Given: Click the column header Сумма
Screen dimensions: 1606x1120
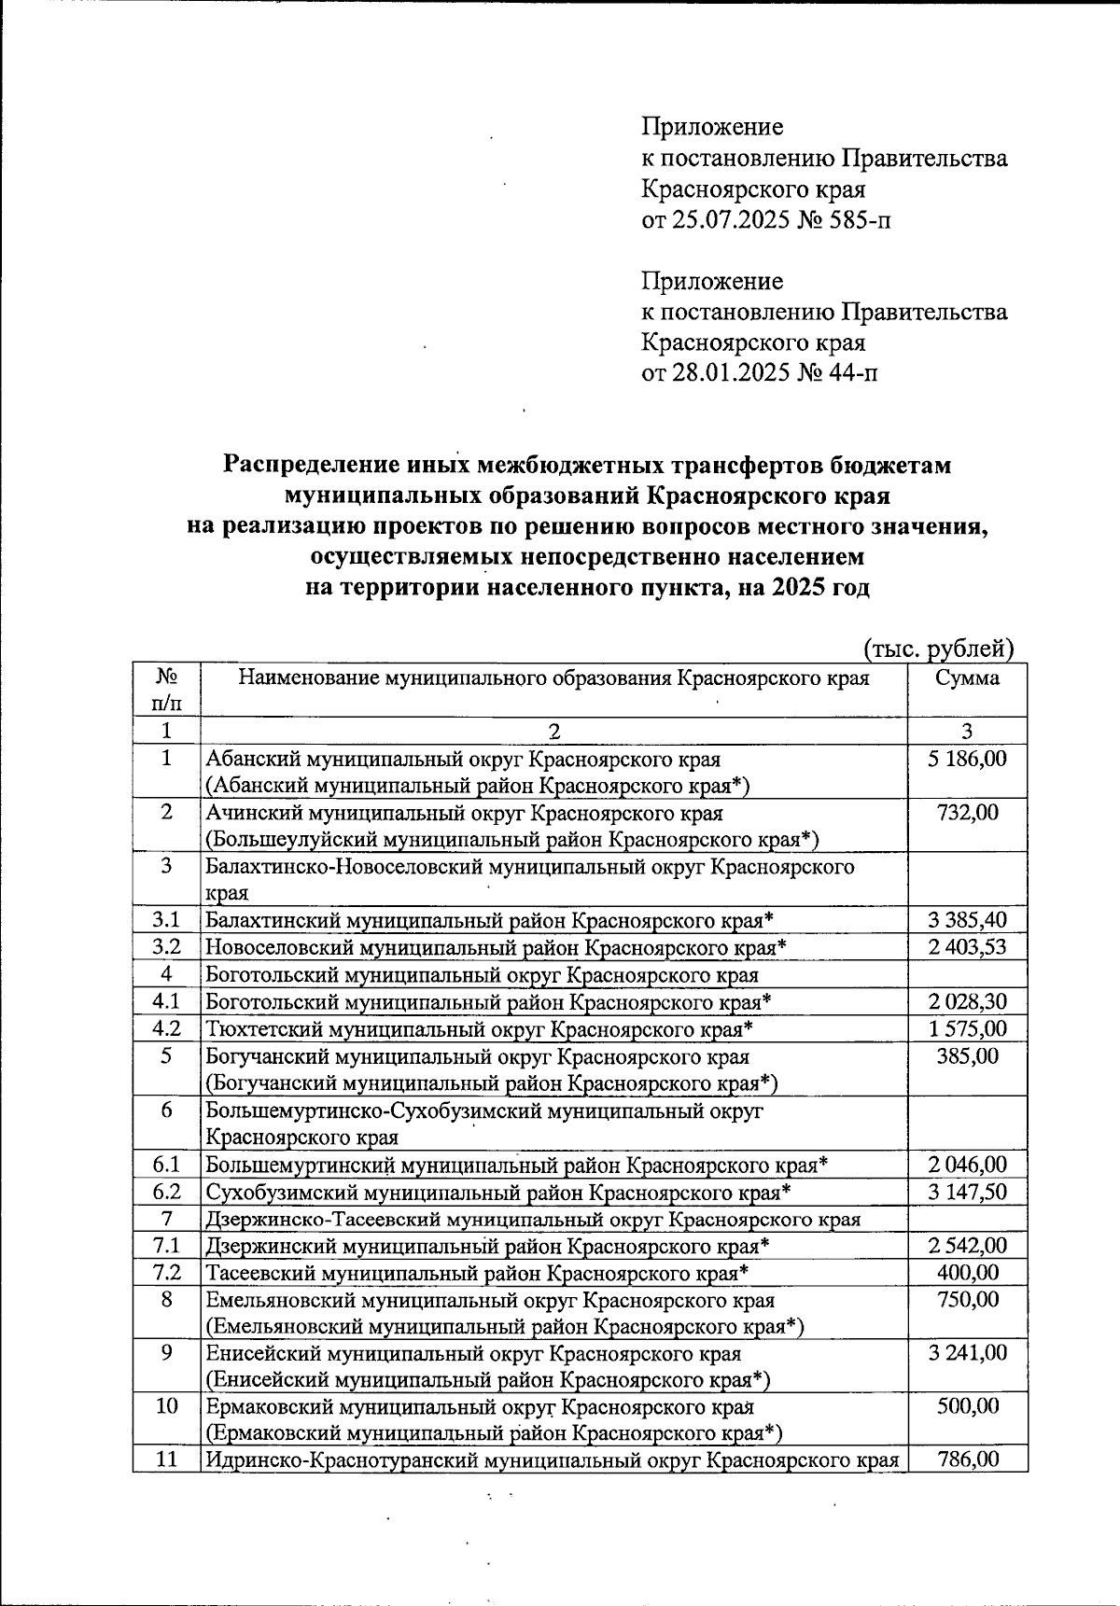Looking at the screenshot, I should pyautogui.click(x=967, y=678).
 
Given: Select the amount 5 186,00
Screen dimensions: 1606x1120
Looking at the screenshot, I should pyautogui.click(x=967, y=759).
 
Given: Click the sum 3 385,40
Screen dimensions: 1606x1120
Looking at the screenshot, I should pyautogui.click(x=967, y=921).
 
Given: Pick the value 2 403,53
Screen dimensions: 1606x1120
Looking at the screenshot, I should pyautogui.click(x=967, y=948).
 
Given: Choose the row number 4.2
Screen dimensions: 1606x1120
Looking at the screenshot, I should pyautogui.click(x=166, y=1029).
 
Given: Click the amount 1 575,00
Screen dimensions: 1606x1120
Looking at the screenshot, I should pyautogui.click(x=967, y=1029).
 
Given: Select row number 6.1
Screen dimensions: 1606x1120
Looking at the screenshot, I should pyautogui.click(x=166, y=1165).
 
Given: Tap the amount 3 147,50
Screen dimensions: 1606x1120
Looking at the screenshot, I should pyautogui.click(x=967, y=1192).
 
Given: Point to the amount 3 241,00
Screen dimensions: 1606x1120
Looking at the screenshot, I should pyautogui.click(x=967, y=1353).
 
